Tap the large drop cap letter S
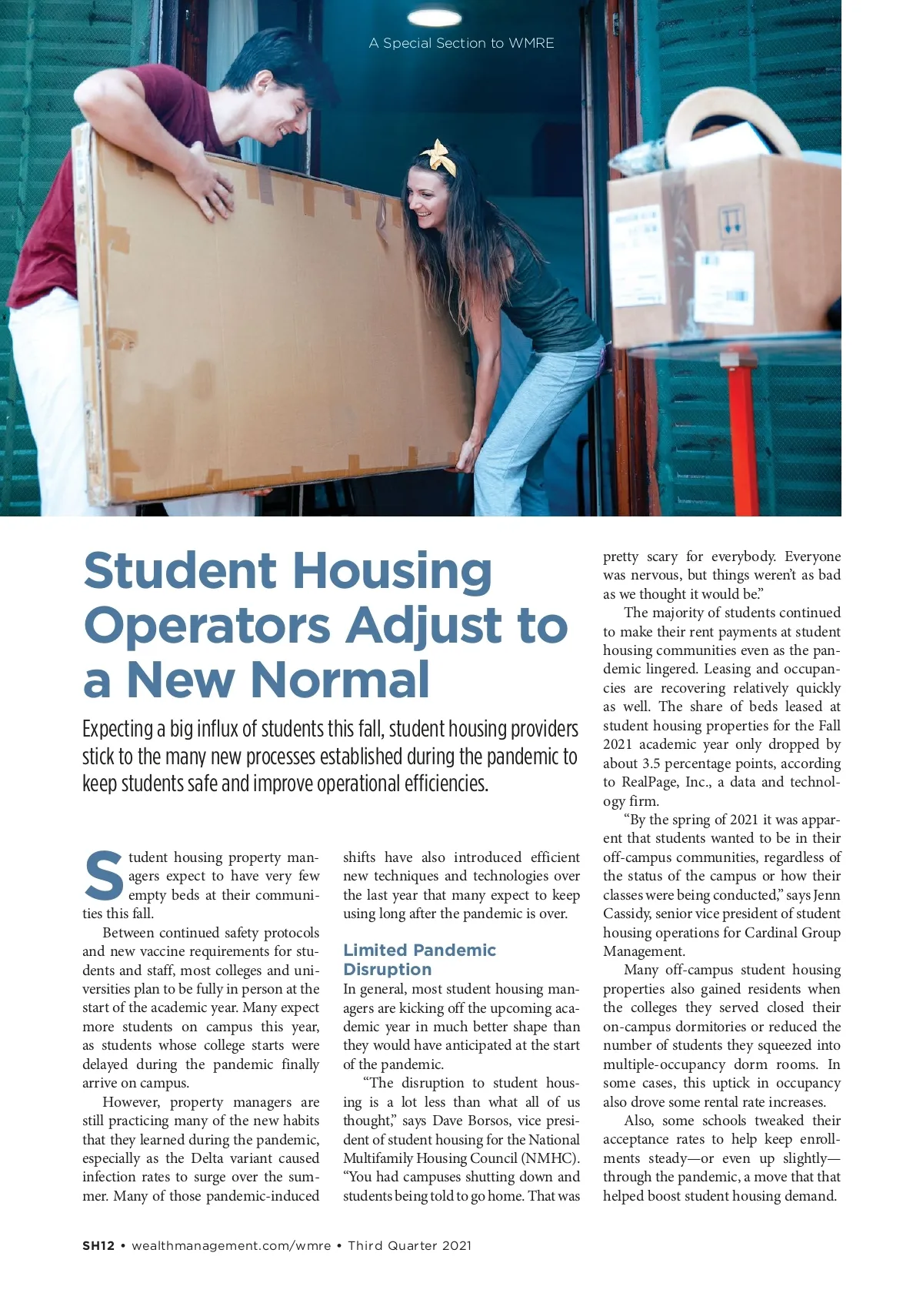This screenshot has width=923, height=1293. click(x=103, y=876)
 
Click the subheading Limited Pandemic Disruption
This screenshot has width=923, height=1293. click(x=419, y=959)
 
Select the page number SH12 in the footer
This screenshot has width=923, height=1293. click(x=98, y=1245)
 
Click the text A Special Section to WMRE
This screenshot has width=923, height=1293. click(x=461, y=43)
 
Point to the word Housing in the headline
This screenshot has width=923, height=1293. click(x=392, y=571)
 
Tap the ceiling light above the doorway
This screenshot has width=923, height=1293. click(x=433, y=16)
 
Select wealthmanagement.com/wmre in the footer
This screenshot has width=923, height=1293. click(x=232, y=1245)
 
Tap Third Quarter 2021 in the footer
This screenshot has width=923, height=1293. click(x=409, y=1245)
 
